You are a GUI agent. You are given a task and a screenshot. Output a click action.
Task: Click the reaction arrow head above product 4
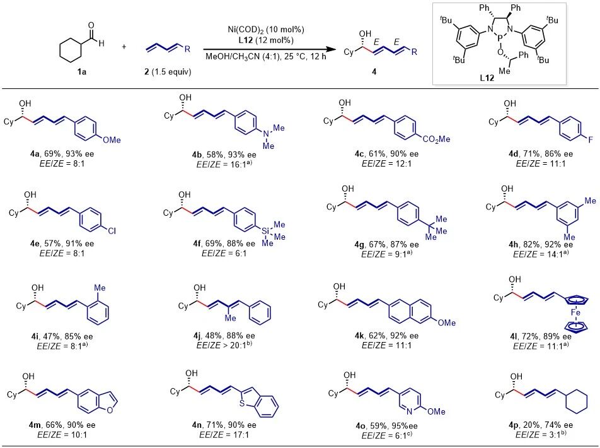[x=328, y=49]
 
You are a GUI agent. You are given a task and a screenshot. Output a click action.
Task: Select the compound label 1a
[x=81, y=72]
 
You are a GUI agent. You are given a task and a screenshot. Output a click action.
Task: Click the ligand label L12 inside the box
[x=487, y=78]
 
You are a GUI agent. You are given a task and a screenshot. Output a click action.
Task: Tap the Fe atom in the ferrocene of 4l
[x=575, y=313]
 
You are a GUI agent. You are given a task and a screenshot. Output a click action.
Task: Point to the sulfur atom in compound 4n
[x=242, y=403]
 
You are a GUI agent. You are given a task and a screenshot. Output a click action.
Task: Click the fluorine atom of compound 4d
[x=590, y=140]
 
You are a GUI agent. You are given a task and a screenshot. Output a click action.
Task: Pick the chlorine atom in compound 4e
[x=112, y=231]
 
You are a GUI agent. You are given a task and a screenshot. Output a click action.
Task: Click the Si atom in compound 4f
[x=265, y=231]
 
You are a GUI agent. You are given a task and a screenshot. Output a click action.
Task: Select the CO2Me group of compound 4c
[x=436, y=139]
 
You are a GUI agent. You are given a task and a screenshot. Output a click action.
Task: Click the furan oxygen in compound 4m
[x=110, y=410]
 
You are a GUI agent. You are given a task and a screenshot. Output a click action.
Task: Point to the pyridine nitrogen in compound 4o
[x=409, y=411]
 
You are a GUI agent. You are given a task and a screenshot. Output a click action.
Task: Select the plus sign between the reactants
[x=124, y=47]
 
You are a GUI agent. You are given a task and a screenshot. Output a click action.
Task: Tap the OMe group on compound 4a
[x=112, y=140]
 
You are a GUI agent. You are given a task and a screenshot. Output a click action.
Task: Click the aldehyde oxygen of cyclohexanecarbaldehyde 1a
[x=91, y=26]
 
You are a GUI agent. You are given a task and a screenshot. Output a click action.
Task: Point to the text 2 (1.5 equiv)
[x=168, y=72]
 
